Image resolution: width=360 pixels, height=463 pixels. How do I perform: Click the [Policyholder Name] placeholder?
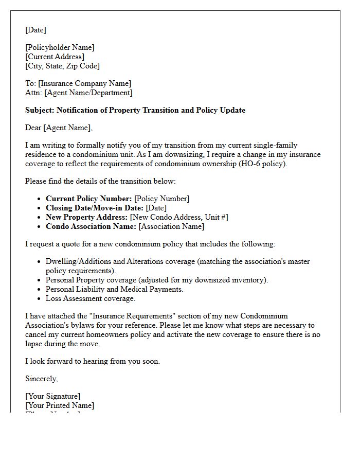[x=60, y=47]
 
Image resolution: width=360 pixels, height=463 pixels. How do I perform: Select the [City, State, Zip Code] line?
[x=62, y=66]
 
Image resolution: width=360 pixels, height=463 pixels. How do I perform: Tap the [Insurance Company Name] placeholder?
[x=84, y=83]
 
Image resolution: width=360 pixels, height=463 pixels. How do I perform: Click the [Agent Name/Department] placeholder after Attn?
[x=88, y=93]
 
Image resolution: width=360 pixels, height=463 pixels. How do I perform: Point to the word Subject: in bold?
[x=40, y=110]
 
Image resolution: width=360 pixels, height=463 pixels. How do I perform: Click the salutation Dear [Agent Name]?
[x=59, y=128]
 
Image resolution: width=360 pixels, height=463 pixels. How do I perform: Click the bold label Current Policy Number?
[x=88, y=199]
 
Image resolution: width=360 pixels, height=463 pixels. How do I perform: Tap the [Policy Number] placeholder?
[x=162, y=199]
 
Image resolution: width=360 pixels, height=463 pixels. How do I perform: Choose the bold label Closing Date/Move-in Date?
[x=95, y=208]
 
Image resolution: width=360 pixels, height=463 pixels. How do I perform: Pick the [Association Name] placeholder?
[x=171, y=226]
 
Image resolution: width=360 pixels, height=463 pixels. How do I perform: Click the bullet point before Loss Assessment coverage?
[x=39, y=298]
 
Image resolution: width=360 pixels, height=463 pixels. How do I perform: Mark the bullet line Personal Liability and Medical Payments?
[x=114, y=289]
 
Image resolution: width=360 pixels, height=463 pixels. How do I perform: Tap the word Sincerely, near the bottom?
[x=41, y=379]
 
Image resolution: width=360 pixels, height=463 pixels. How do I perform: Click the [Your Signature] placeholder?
[x=52, y=396]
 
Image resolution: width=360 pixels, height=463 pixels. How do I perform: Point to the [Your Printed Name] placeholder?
[x=60, y=405]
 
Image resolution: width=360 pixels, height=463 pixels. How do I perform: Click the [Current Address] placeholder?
[x=55, y=57]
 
